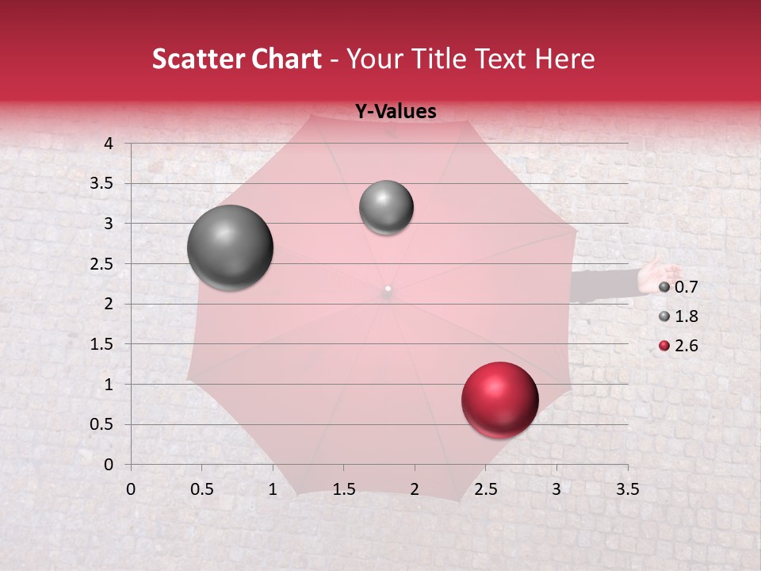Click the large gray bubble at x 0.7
[231, 247]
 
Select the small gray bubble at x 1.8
[386, 208]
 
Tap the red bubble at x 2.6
[499, 400]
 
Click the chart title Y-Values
[396, 112]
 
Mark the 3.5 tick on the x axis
[627, 489]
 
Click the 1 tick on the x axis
[273, 489]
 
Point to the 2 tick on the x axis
[414, 489]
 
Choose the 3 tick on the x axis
[556, 489]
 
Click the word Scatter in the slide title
[196, 59]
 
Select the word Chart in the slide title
[285, 59]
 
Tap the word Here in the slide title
[564, 59]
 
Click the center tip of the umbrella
[388, 289]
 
